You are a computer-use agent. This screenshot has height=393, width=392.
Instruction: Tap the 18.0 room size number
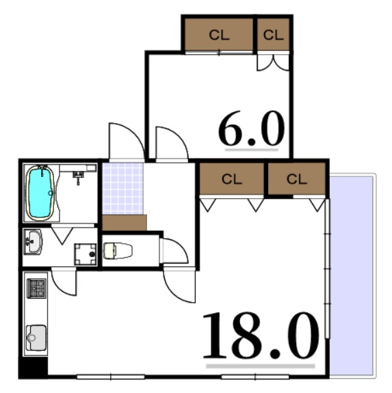(261, 336)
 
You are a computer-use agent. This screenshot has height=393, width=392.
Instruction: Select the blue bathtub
(40, 193)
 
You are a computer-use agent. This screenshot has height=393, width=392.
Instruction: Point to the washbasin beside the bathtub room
(32, 240)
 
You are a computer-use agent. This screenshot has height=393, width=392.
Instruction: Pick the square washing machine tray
(86, 254)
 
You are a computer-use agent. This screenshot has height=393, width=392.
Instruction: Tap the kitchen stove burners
(36, 287)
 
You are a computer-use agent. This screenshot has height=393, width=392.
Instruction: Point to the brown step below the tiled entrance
(125, 223)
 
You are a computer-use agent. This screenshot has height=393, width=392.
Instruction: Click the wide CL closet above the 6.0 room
(219, 35)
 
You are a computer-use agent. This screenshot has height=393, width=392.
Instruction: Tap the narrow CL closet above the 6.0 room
(273, 35)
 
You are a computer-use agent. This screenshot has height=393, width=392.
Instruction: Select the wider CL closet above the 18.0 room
(232, 180)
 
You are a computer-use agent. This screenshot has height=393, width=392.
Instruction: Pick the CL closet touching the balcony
(296, 179)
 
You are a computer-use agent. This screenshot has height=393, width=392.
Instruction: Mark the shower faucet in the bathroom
(78, 176)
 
